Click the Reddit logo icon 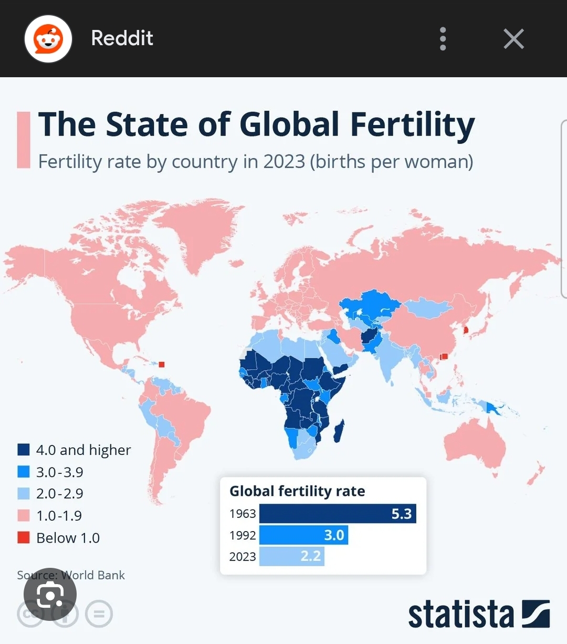[48, 39]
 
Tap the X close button [513, 39]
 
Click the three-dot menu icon [443, 39]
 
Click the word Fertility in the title [412, 125]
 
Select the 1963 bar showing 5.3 [337, 513]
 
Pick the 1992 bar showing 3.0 [303, 535]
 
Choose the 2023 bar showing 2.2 [291, 556]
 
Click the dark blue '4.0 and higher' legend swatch [24, 450]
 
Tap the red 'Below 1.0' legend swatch [24, 537]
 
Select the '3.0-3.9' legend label [59, 472]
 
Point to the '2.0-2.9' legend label [59, 494]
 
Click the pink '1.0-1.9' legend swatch [24, 515]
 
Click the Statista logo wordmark [460, 615]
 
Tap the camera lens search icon [50, 595]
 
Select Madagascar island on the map [339, 431]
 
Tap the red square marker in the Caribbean [162, 365]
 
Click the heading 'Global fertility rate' [297, 491]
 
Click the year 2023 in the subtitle [284, 162]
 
